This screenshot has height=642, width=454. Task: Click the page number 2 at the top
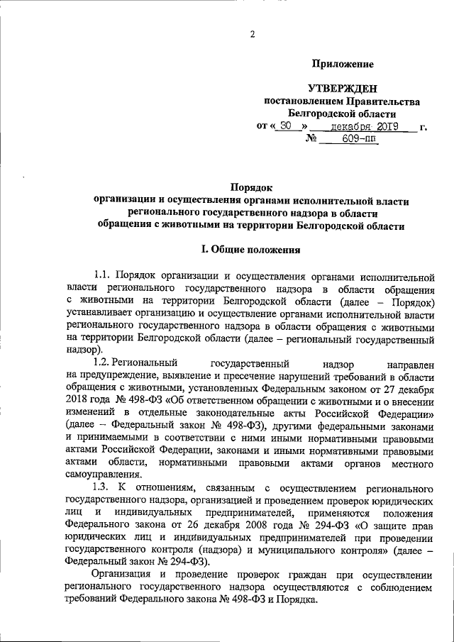coord(252,33)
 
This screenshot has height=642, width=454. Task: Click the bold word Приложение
coord(343,65)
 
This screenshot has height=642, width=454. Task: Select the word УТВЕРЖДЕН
coord(343,89)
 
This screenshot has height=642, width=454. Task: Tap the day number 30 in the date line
coord(286,126)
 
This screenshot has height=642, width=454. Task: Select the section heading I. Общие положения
coord(251,249)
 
